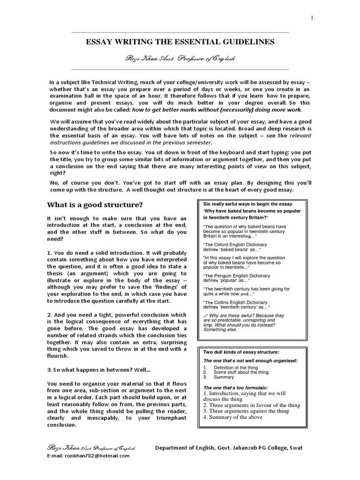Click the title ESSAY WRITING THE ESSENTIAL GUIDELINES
click(180, 42)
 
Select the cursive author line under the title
click(180, 59)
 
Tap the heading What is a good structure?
click(95, 204)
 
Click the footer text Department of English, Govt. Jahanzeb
click(229, 448)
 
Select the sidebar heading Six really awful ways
click(247, 204)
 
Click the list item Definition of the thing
click(237, 367)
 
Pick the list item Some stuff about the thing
click(240, 372)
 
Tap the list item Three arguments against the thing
click(246, 411)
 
